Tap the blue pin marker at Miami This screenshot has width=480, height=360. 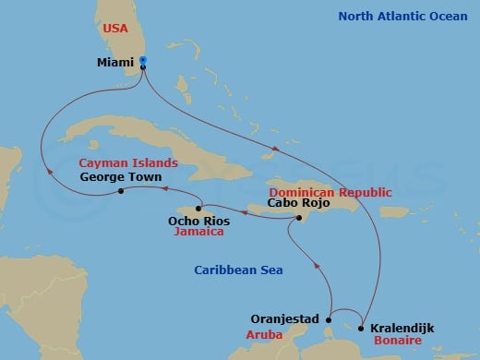point(143,63)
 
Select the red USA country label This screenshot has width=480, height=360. point(115,28)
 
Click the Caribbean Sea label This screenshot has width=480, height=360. point(238,270)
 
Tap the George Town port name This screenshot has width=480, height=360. point(121,176)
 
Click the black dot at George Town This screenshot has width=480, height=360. point(122,191)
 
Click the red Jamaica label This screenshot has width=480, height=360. point(199,234)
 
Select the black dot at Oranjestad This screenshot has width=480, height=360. point(328,320)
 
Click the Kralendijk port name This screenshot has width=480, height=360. point(402,328)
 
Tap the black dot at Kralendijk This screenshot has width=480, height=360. point(361,328)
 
